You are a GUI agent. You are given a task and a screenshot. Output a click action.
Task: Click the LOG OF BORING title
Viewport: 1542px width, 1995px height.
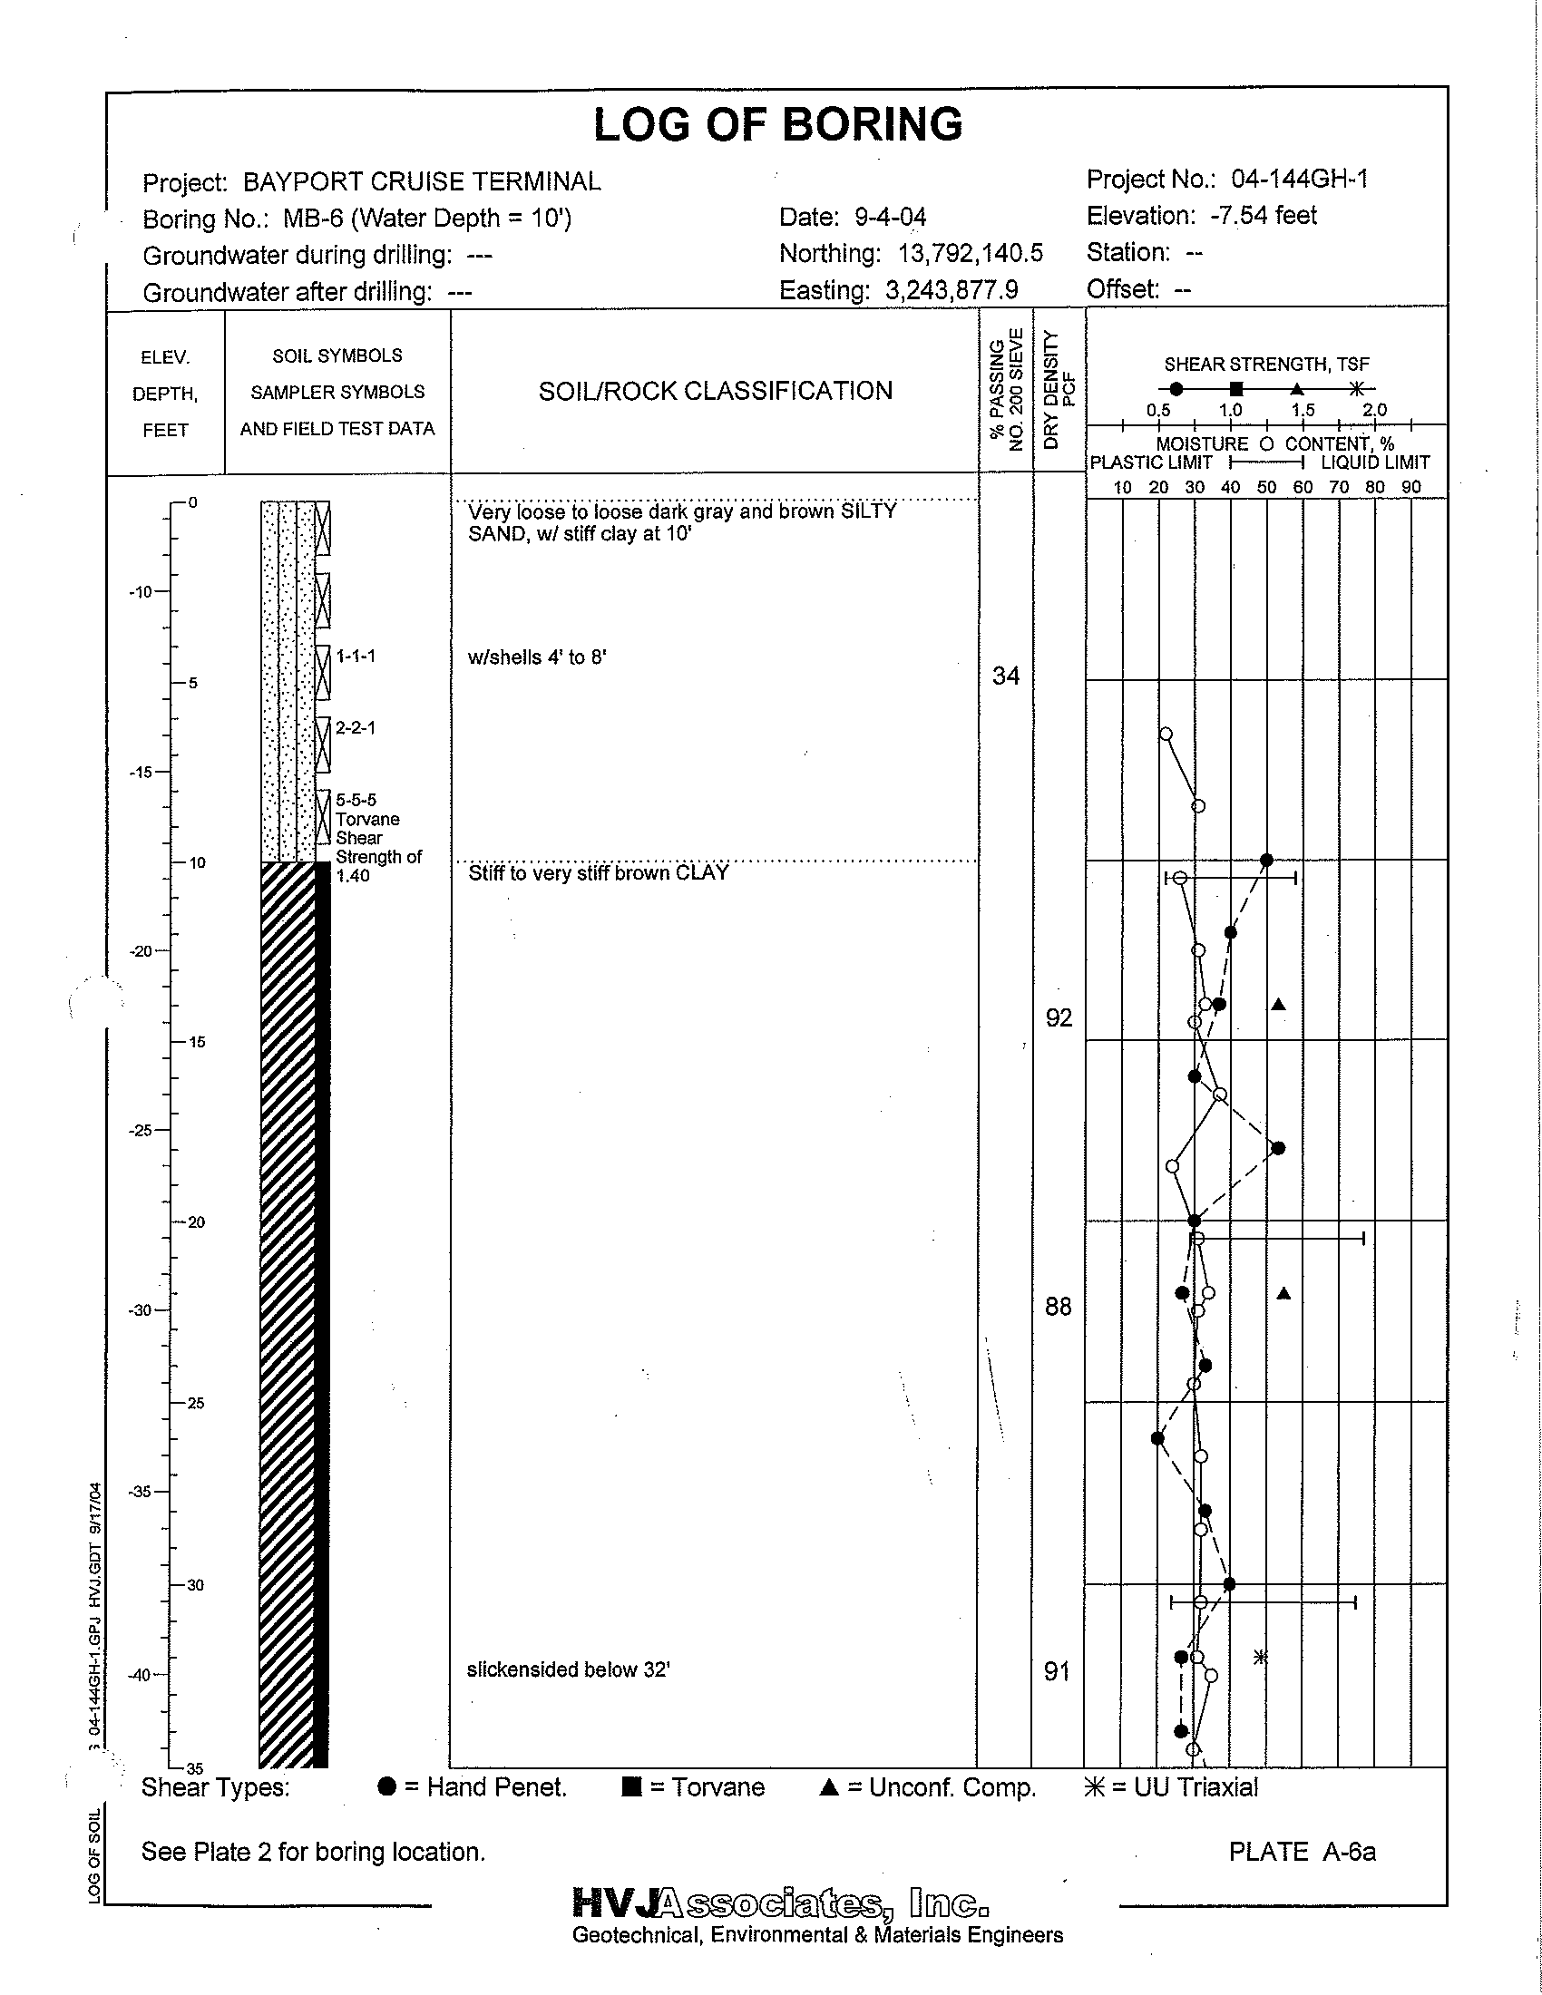tap(778, 125)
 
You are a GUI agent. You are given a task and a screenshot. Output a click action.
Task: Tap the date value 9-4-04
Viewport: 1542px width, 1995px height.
tap(890, 218)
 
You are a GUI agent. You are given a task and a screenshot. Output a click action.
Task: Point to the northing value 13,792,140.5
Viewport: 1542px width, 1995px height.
tap(961, 253)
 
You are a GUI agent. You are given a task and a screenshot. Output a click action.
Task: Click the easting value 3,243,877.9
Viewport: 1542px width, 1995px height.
tap(952, 290)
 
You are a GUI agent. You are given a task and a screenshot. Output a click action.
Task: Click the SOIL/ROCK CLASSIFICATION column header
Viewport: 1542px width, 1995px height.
tap(716, 391)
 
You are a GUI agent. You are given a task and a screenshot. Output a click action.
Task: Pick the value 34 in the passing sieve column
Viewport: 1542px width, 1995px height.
tap(1005, 676)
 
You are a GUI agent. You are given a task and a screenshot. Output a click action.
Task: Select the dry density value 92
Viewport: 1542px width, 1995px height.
tap(1059, 1017)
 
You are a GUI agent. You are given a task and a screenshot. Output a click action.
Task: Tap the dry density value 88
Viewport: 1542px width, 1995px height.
tap(1058, 1307)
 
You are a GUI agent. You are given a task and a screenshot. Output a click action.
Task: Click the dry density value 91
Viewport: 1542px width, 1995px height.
tap(1057, 1671)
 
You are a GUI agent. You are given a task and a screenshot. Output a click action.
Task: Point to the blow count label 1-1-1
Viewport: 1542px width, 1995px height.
tap(356, 656)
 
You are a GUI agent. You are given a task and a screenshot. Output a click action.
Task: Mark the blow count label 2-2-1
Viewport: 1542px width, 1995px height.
tap(356, 728)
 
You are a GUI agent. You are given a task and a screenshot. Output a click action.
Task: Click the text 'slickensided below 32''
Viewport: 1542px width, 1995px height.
tap(568, 1669)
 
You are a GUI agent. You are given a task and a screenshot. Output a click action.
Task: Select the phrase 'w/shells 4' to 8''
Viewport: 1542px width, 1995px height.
tap(537, 657)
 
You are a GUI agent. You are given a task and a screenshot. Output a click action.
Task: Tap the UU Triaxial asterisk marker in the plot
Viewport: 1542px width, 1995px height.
tap(1260, 1656)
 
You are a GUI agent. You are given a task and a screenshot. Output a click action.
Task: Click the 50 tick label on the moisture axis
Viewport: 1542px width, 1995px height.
tap(1266, 487)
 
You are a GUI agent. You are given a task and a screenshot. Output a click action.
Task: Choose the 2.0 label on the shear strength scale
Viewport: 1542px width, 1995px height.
tap(1374, 410)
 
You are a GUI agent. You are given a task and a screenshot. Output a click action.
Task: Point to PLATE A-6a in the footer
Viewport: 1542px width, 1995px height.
tap(1302, 1852)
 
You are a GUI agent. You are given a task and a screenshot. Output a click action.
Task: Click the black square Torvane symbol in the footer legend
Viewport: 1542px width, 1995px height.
tap(630, 1787)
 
